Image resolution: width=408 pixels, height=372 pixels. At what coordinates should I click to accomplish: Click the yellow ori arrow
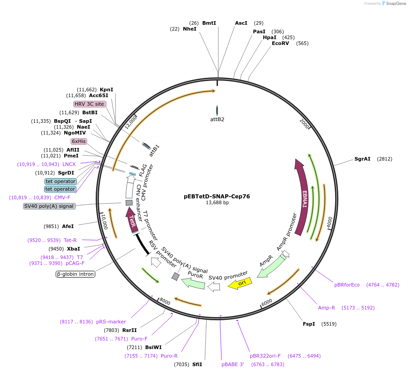point(240,283)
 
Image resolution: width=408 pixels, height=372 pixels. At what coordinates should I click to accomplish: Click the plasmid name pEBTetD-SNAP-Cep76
point(217,196)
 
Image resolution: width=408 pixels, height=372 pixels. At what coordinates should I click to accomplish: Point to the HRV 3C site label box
point(89,104)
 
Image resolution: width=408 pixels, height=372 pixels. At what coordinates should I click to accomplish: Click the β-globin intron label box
point(75,273)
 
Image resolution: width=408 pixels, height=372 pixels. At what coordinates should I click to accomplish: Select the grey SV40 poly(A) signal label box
point(49,206)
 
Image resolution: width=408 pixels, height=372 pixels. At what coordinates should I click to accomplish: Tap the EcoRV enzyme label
point(280,43)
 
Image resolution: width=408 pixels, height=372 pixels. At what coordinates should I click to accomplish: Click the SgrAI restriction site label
point(362,159)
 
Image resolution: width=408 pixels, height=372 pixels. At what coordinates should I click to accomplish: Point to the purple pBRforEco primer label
point(347,285)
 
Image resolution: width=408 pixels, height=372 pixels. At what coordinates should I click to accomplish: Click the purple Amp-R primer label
point(327,308)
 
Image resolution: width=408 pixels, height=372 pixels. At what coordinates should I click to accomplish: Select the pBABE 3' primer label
point(232,364)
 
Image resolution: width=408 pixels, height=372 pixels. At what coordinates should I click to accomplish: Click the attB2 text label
point(217,119)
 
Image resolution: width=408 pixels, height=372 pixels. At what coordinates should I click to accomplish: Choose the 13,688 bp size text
point(217,203)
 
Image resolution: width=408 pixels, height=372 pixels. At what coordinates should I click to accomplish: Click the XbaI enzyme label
point(74,248)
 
